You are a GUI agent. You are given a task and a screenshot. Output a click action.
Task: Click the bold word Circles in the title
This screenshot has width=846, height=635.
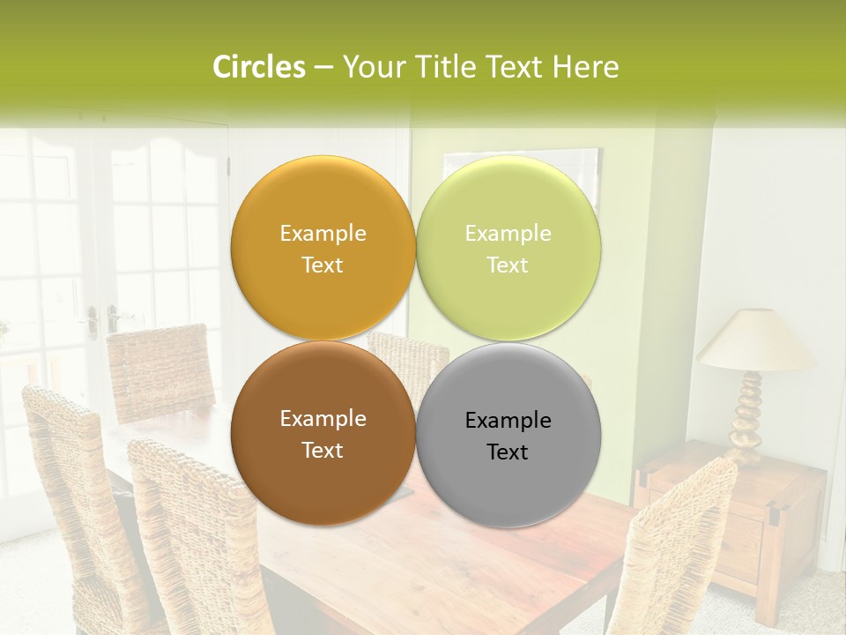click(x=259, y=67)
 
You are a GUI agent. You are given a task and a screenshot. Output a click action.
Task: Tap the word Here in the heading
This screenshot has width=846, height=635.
click(x=585, y=67)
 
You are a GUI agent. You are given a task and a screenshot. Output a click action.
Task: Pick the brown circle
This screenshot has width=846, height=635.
click(x=323, y=481)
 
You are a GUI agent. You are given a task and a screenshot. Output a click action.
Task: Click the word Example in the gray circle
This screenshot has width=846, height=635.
click(x=508, y=421)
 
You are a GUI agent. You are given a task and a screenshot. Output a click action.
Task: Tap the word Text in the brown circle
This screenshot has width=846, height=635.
click(x=323, y=451)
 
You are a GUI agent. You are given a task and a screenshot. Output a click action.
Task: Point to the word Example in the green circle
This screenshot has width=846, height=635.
click(x=508, y=234)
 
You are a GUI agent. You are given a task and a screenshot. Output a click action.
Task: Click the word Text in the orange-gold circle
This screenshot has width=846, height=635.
click(x=323, y=265)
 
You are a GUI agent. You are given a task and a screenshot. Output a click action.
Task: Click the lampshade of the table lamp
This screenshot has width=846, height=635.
click(x=755, y=340)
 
